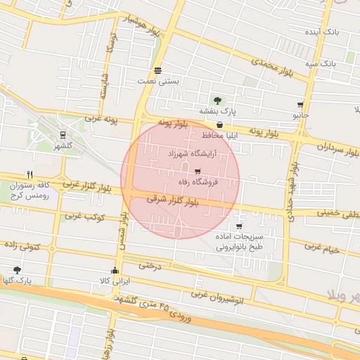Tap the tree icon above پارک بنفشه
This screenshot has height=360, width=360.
[217, 100]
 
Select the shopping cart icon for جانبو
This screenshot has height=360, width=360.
[301, 104]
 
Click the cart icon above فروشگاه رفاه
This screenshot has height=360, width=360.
[198, 171]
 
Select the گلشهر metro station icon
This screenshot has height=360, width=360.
[63, 135]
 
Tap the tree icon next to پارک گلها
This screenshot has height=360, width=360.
[17, 269]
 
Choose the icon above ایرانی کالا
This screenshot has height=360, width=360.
[115, 270]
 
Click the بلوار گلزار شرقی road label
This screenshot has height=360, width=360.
[173, 200]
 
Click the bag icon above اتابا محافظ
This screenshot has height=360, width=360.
[219, 124]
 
